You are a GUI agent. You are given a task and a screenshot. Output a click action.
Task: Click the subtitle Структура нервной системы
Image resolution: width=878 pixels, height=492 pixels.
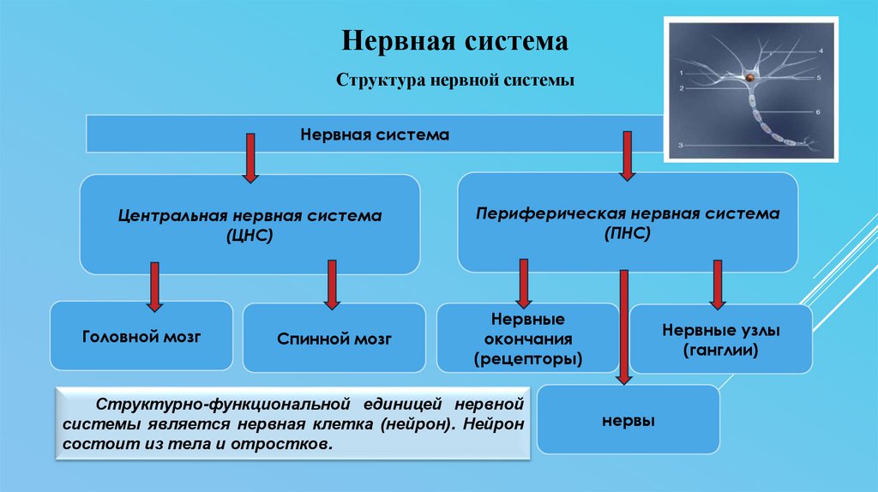pyautogui.click(x=455, y=81)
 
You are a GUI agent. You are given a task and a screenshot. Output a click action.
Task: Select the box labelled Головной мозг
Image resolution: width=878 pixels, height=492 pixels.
pyautogui.click(x=141, y=336)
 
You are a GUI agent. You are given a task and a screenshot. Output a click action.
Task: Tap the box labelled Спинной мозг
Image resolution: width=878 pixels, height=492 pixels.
pyautogui.click(x=334, y=339)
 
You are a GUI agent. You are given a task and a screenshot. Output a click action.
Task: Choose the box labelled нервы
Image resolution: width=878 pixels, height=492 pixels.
pyautogui.click(x=628, y=421)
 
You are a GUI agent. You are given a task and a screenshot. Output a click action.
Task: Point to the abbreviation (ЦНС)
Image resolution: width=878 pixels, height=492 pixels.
pyautogui.click(x=250, y=234)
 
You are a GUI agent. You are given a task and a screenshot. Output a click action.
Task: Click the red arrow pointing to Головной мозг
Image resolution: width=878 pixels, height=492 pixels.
pyautogui.click(x=154, y=286)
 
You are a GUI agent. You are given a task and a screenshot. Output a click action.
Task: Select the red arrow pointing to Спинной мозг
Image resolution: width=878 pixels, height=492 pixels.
pyautogui.click(x=332, y=284)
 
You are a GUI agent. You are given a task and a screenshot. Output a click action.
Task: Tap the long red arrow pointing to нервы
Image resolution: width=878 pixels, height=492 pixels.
pyautogui.click(x=623, y=326)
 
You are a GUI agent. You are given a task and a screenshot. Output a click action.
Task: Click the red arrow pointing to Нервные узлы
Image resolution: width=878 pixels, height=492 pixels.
pyautogui.click(x=718, y=285)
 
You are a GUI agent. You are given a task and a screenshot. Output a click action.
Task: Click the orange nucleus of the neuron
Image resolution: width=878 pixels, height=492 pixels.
pyautogui.click(x=749, y=79)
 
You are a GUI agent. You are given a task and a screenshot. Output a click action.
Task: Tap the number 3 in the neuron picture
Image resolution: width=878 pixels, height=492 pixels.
pyautogui.click(x=680, y=147)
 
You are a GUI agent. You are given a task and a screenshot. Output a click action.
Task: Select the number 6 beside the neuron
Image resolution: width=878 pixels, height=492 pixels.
pyautogui.click(x=819, y=112)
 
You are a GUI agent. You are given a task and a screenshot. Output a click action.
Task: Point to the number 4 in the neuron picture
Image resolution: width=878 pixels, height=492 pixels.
pyautogui.click(x=821, y=51)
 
